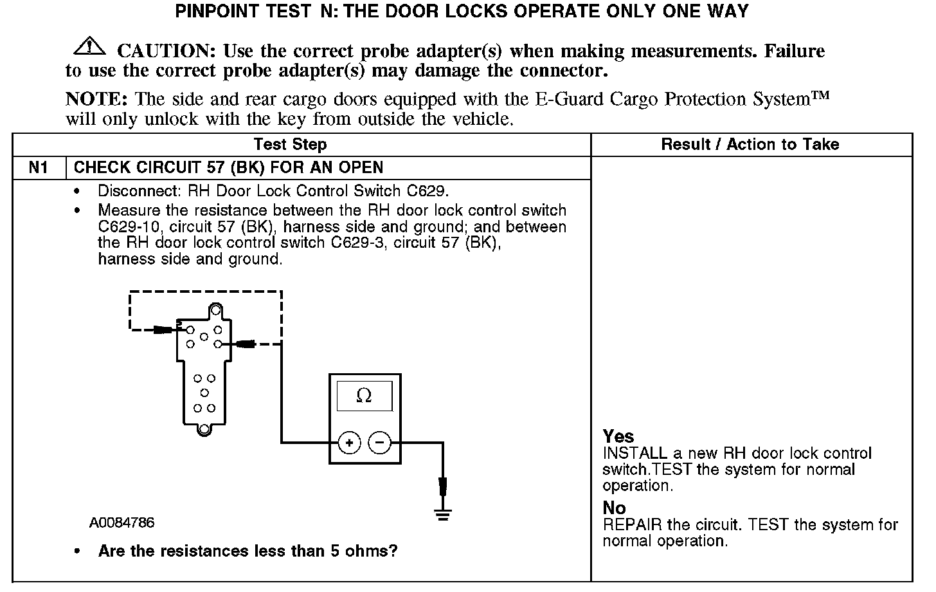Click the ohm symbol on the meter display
point(364,396)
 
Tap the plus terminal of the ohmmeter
point(349,443)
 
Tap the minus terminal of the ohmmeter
point(379,443)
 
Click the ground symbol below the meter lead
point(443,512)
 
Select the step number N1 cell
point(39,168)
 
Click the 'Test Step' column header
point(290,145)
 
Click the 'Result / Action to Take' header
point(750,145)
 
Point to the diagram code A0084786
point(122,523)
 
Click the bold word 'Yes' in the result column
point(618,436)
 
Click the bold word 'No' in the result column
point(614,508)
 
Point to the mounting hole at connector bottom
point(204,429)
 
